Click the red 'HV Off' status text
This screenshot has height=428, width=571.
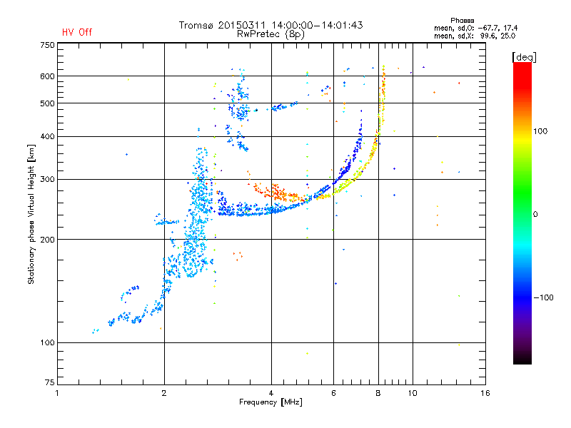click(77, 32)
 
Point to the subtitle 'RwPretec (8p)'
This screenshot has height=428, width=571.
click(271, 34)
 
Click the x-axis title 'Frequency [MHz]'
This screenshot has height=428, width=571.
click(271, 402)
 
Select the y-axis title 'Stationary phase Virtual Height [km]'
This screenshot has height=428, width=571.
click(31, 214)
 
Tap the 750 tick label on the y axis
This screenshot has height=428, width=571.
click(47, 45)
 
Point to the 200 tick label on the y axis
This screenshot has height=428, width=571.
click(47, 240)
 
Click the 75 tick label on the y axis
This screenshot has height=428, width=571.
click(49, 382)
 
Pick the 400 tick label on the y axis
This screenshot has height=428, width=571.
click(47, 136)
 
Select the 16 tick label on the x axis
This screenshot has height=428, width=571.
click(485, 393)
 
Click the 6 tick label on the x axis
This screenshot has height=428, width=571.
click(333, 393)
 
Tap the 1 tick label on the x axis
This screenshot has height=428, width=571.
click(57, 393)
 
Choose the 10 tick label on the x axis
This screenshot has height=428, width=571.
click(413, 393)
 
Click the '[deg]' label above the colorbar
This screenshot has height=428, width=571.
click(524, 57)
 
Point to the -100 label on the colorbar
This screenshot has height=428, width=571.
click(544, 297)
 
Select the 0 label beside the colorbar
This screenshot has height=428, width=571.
click(535, 215)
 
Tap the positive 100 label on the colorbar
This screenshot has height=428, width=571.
click(540, 131)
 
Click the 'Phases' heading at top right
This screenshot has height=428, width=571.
click(462, 21)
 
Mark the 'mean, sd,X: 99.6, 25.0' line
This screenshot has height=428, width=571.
click(475, 36)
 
